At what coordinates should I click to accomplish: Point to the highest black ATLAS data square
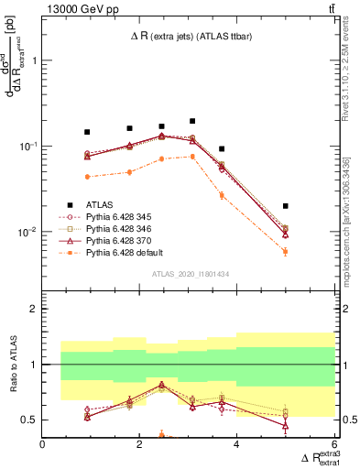pyautogui.click(x=192, y=121)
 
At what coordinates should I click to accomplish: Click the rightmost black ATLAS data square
pyautogui.click(x=286, y=206)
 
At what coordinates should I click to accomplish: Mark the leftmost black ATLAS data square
pyautogui.click(x=87, y=132)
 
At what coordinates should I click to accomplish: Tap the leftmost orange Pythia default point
pyautogui.click(x=87, y=177)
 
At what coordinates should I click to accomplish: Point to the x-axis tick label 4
pyautogui.click(x=237, y=444)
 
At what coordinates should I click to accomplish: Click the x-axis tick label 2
pyautogui.click(x=140, y=444)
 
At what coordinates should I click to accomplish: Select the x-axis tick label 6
pyautogui.click(x=334, y=444)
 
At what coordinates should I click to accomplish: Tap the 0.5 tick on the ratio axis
pyautogui.click(x=29, y=420)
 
